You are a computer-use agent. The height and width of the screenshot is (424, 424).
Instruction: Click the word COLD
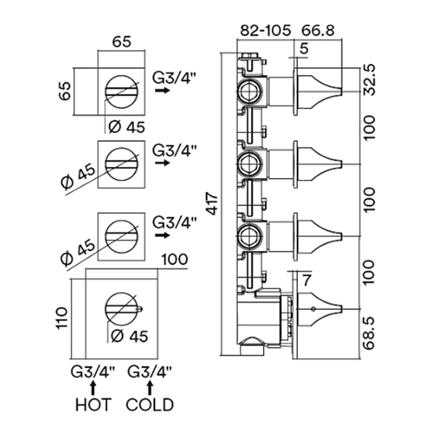coord(150,404)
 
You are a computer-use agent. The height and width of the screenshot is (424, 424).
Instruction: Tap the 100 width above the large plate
coord(174,261)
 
